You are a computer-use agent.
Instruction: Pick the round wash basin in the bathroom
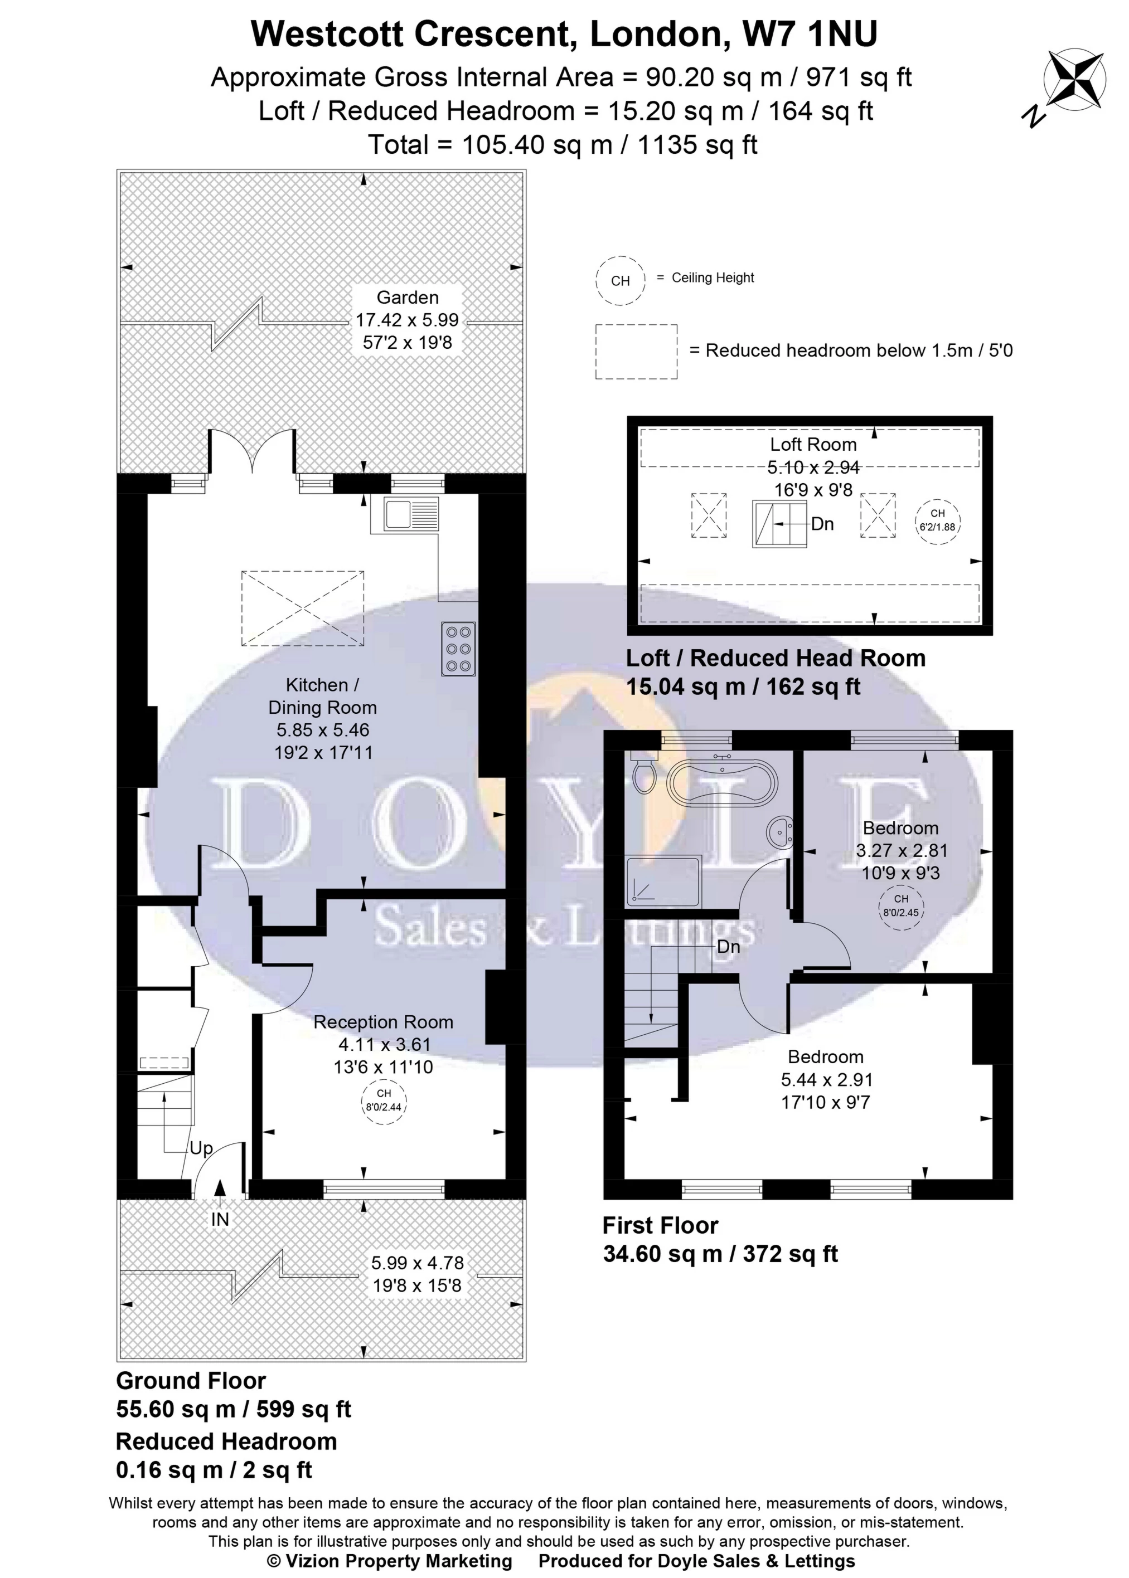point(779,830)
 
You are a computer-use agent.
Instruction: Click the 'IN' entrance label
point(220,1220)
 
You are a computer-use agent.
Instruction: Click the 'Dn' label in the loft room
point(822,524)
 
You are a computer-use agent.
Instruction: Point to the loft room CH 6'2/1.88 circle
point(937,520)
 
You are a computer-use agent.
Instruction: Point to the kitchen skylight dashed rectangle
point(302,608)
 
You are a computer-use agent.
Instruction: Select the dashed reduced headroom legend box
point(636,352)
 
